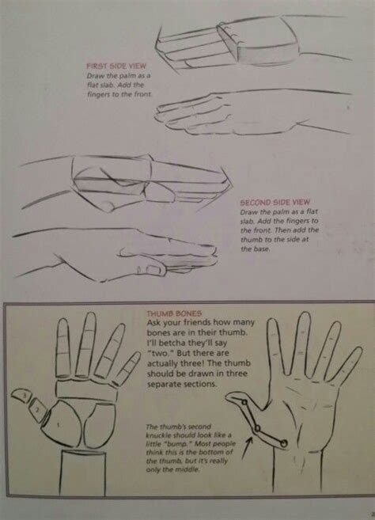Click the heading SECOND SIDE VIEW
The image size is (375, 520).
pos(273,202)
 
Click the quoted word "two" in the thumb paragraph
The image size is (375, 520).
pos(157,356)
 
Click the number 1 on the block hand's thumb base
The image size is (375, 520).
pos(57,423)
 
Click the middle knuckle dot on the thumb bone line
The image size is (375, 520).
pos(257,428)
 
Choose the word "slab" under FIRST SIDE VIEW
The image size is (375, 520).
pos(127,85)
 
